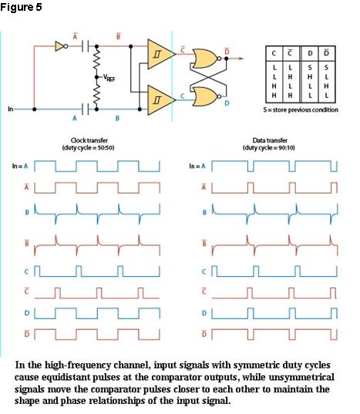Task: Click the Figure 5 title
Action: point(21,7)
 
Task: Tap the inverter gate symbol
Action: point(61,46)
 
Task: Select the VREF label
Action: point(109,78)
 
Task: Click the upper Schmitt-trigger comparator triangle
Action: point(160,54)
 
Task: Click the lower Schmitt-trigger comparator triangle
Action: point(160,99)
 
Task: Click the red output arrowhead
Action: point(241,59)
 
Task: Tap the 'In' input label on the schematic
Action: point(10,109)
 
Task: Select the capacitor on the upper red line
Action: point(85,46)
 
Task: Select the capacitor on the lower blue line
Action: point(85,109)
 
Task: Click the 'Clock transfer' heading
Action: point(89,140)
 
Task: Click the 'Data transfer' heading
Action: point(270,140)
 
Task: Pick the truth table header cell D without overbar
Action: point(310,53)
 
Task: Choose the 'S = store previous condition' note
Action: point(301,109)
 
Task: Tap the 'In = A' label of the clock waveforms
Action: point(20,166)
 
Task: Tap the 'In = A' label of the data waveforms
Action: point(197,166)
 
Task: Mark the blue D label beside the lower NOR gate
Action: point(227,103)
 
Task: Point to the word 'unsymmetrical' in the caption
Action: point(301,377)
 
